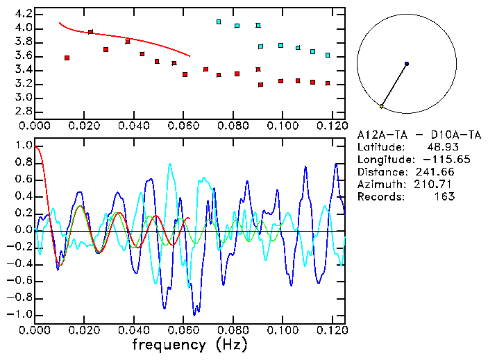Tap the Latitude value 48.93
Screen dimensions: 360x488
tap(441, 147)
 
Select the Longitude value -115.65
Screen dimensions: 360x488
tap(435, 160)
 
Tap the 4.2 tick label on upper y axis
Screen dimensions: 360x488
tap(24, 14)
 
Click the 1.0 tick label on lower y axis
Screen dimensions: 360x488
tap(24, 146)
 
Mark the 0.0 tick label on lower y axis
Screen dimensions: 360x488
tap(24, 230)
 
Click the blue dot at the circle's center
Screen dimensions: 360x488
tap(407, 64)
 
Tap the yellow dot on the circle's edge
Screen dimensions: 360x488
tap(382, 106)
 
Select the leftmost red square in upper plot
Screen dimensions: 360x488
tap(67, 58)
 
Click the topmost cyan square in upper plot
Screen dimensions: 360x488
tap(219, 22)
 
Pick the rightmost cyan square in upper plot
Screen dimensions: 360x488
tap(328, 55)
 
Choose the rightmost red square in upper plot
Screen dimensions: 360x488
tap(328, 83)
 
